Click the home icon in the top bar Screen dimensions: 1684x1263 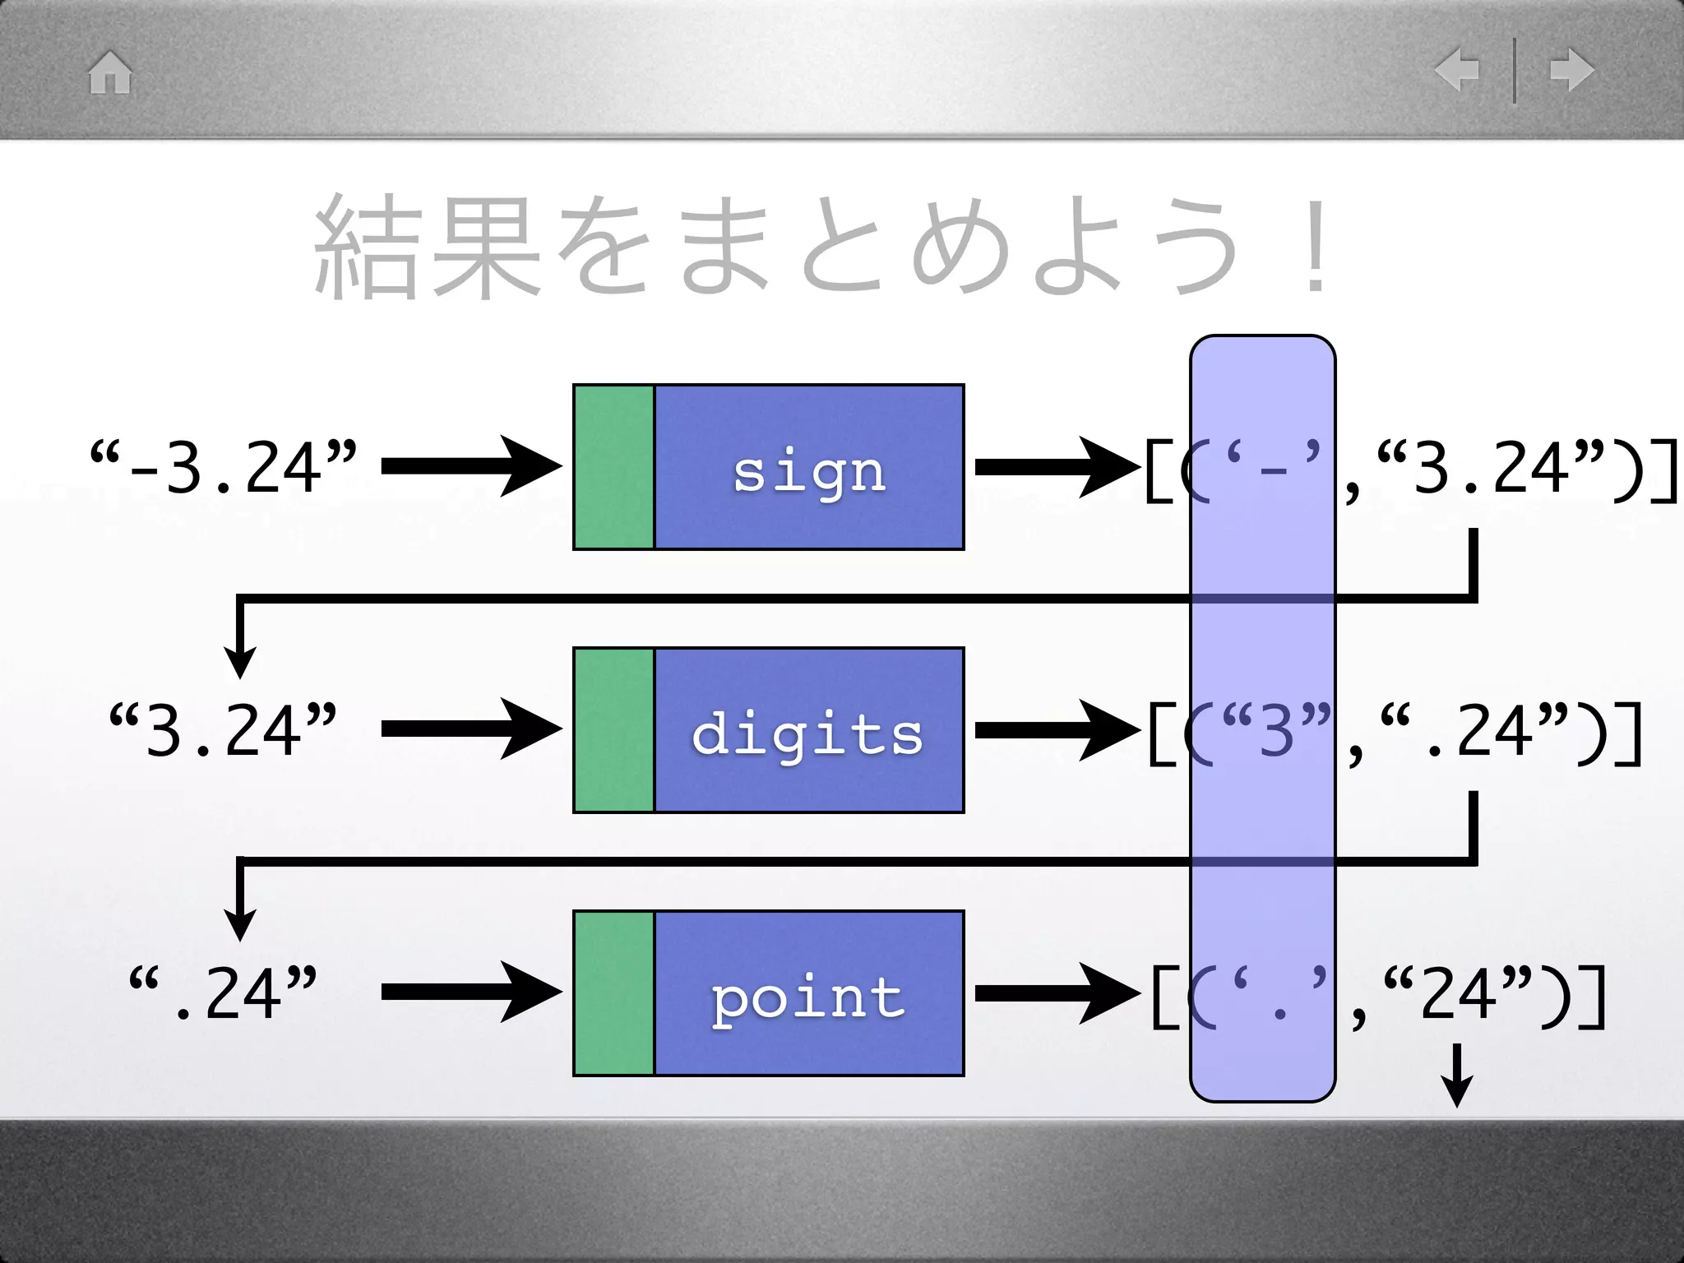click(110, 72)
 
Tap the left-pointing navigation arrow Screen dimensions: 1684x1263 click(1457, 70)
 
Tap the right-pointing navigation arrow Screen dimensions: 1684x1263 click(1571, 70)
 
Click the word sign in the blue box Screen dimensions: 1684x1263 click(809, 472)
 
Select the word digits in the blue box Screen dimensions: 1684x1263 click(807, 733)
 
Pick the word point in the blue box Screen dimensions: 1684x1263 click(808, 997)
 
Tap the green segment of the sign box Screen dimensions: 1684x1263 click(614, 467)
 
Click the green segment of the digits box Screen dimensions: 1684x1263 click(614, 730)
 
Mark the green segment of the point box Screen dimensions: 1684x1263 click(614, 993)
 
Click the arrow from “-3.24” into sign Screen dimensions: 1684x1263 click(471, 467)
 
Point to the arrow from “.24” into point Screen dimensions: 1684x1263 click(471, 993)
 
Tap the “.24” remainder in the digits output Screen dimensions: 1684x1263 click(1472, 730)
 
